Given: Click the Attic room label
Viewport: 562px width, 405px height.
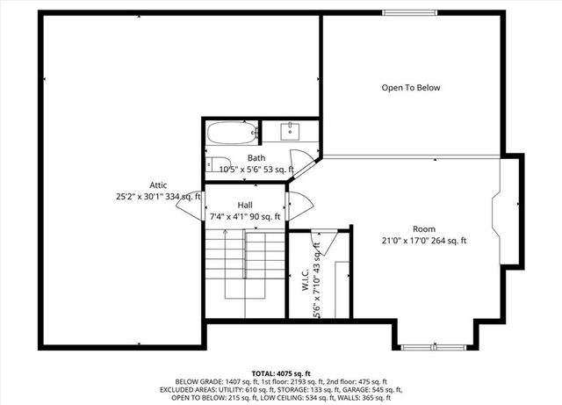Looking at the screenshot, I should pos(158,184).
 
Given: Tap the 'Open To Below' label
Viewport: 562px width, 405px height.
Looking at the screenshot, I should pos(410,88).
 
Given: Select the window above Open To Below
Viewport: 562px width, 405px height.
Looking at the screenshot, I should pos(409,12).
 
